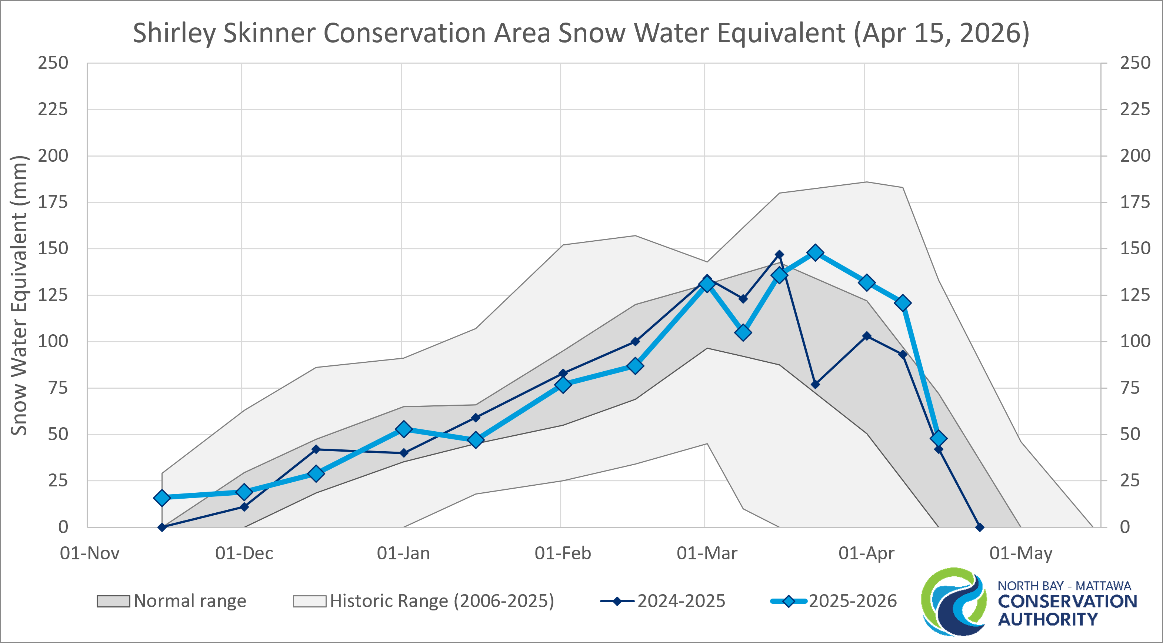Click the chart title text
(x=581, y=33)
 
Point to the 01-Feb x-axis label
(x=563, y=553)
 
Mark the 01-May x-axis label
(x=1021, y=553)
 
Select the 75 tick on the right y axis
(x=1130, y=388)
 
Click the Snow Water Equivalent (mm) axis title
(x=19, y=295)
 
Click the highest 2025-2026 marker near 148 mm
(x=815, y=253)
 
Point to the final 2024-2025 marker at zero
(x=979, y=527)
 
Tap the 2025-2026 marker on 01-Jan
(x=404, y=429)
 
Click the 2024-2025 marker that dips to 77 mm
(x=815, y=385)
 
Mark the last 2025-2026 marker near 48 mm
(x=939, y=438)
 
